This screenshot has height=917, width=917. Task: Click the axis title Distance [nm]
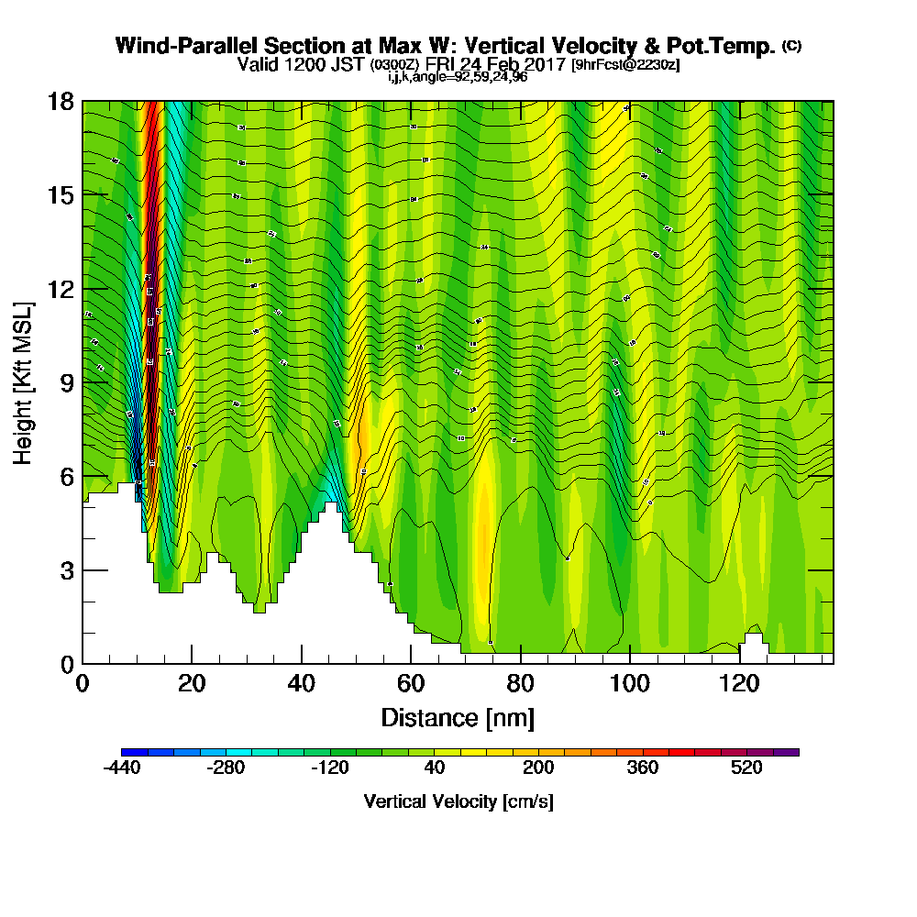coord(458,717)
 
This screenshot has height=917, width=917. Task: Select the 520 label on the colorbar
coord(746,768)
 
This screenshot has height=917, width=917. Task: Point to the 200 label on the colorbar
coord(538,768)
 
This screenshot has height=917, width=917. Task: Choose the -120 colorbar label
coord(330,768)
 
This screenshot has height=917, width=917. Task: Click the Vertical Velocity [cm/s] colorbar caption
coord(458,801)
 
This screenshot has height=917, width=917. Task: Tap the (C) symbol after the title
coord(792,45)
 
